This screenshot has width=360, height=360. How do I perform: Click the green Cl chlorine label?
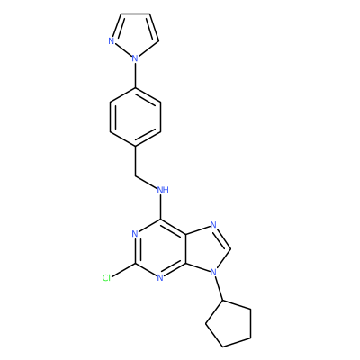[x=106, y=278]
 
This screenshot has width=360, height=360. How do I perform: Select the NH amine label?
[x=163, y=190]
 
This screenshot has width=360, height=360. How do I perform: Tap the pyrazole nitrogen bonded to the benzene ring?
[x=135, y=58]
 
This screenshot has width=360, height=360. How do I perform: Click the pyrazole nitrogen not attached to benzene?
[x=112, y=41]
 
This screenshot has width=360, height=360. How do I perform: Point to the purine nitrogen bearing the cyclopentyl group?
[x=213, y=272]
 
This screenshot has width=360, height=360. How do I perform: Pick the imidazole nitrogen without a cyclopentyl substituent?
[x=213, y=225]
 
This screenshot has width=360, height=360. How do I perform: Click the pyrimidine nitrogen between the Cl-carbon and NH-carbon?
[x=135, y=234]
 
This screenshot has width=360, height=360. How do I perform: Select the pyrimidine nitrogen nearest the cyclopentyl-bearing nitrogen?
[x=160, y=278]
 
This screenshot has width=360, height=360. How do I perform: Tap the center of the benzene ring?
[x=135, y=117]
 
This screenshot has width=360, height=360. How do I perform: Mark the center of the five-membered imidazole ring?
[x=205, y=248]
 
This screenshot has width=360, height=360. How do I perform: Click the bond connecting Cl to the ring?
[x=123, y=270]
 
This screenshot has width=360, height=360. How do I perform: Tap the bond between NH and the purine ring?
[x=161, y=207]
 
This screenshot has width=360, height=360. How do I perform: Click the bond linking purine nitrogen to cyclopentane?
[x=218, y=286]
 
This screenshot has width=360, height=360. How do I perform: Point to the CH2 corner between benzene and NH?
[x=135, y=175]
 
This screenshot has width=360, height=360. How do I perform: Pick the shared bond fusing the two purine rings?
[x=186, y=248]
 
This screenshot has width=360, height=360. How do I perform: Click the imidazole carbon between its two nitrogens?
[x=230, y=248]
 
